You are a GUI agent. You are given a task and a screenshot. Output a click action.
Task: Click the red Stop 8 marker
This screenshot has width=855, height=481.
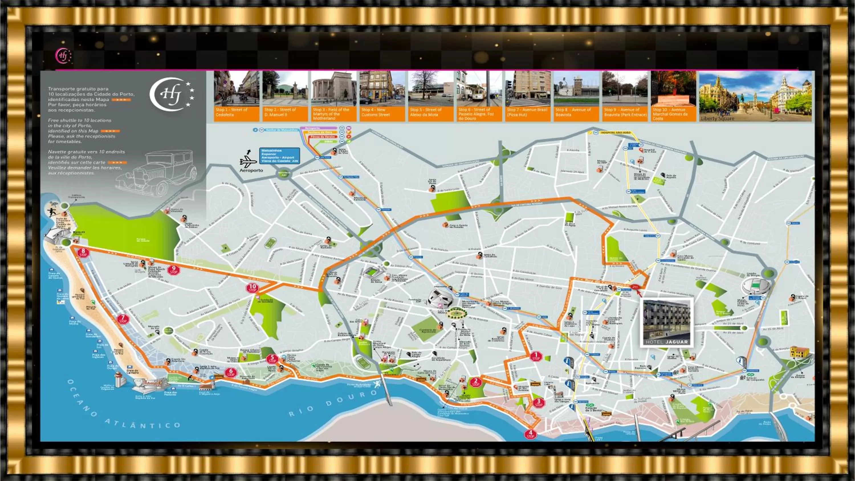coord(83,253)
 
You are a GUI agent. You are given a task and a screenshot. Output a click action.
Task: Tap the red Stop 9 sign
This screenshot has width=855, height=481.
coord(174,270)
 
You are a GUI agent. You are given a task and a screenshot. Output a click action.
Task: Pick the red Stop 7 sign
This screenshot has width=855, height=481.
coord(123,319)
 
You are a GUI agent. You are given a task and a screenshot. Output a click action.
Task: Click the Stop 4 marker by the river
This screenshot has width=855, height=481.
coord(530,434)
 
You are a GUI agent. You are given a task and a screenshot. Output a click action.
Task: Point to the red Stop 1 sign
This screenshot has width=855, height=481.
coord(536,356)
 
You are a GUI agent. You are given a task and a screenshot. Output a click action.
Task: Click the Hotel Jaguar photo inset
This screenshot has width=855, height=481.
coord(667,322)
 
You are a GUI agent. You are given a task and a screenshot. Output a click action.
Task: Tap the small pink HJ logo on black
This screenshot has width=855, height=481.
coord(63,56)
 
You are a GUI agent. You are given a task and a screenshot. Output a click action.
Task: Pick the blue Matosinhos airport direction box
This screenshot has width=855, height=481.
coord(280,156)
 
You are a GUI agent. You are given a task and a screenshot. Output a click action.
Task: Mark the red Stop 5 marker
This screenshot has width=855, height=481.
coord(272,359)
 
